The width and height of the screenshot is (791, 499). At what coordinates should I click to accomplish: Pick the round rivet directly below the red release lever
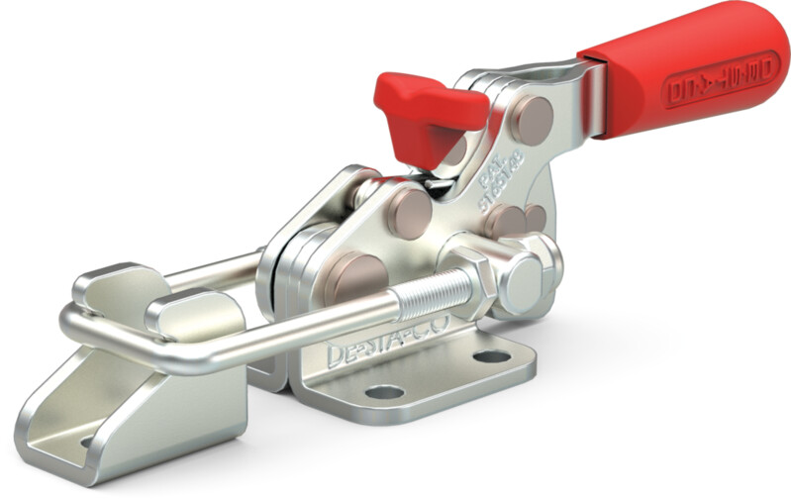click(x=407, y=213)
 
